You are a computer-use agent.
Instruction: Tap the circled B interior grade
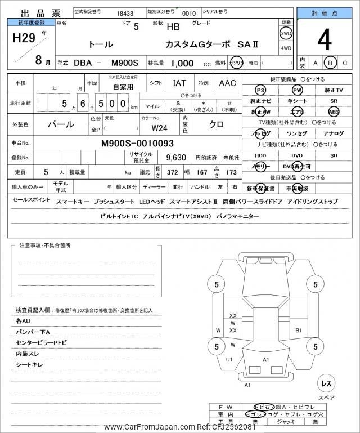click(331, 63)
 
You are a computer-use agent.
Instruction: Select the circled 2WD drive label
click(286, 33)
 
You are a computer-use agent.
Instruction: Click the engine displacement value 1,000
click(178, 63)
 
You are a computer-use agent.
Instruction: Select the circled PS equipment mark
click(260, 90)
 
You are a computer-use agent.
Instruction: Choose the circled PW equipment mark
click(297, 90)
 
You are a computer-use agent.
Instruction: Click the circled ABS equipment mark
click(334, 112)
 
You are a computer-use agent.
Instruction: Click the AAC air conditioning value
click(227, 83)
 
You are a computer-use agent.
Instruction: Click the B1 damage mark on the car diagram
click(299, 330)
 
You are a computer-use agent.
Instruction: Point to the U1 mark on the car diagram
click(229, 359)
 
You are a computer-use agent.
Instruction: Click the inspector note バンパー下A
click(33, 332)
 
